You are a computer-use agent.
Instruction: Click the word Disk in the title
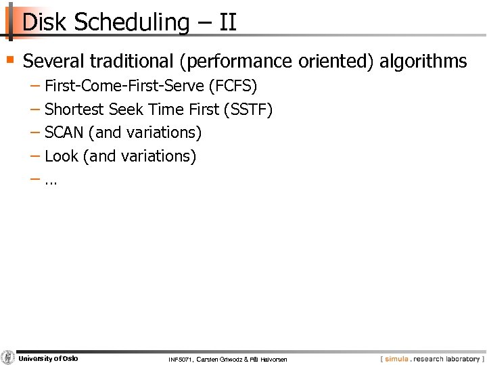pos(45,22)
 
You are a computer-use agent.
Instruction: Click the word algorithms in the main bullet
pos(423,62)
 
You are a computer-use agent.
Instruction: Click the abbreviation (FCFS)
pos(233,87)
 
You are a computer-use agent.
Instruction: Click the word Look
pos(62,156)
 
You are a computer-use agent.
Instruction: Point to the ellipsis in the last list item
pos(51,181)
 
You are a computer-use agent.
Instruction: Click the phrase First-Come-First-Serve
pos(124,87)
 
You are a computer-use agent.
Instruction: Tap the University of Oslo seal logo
pos(8,358)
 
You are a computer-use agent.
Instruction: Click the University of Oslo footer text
pos(48,358)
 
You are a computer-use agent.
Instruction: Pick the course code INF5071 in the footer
pos(182,359)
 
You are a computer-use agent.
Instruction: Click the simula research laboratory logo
pos(432,359)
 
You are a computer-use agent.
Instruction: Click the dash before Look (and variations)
pos(35,156)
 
